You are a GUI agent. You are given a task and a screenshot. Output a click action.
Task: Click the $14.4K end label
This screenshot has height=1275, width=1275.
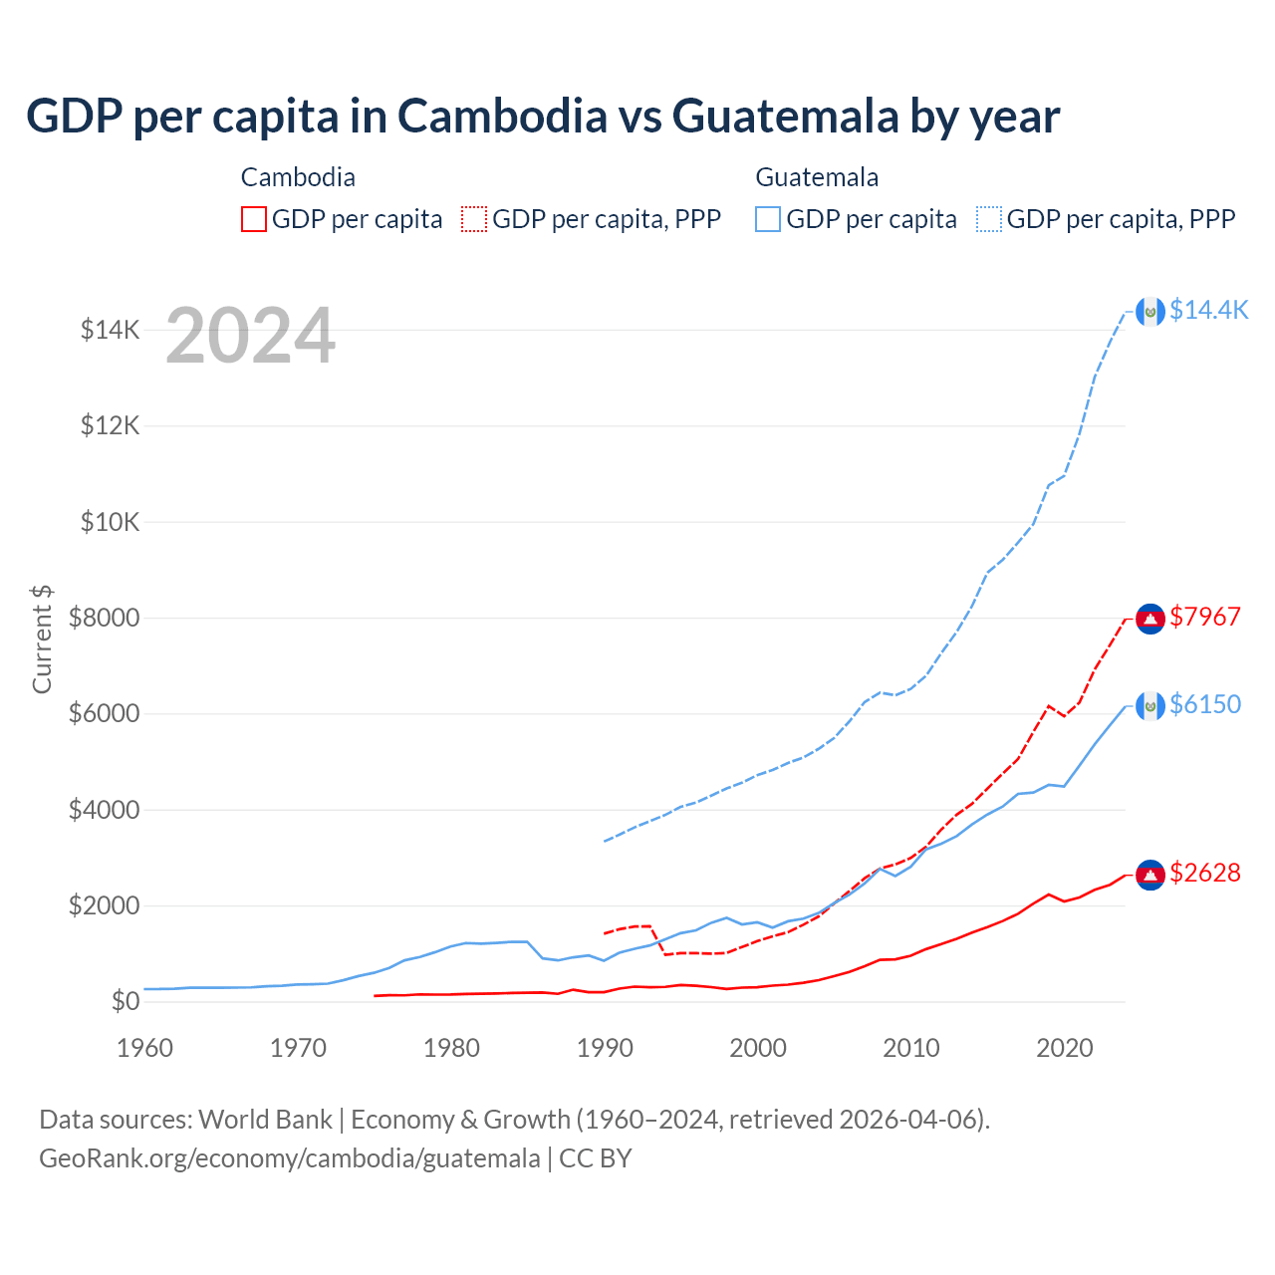(1208, 311)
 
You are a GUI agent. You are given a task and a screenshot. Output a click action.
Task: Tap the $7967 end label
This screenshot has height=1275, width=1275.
(1205, 618)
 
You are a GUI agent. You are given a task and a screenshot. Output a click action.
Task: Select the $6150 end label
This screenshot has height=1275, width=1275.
(1205, 705)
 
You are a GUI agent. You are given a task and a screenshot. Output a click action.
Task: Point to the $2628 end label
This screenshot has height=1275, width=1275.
(1205, 874)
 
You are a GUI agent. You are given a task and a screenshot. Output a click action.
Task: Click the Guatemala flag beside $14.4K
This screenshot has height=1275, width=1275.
(1150, 312)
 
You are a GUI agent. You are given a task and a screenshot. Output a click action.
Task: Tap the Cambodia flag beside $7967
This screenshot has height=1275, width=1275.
(1150, 619)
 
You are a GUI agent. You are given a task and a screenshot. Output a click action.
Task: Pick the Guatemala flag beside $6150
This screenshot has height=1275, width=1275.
(1150, 706)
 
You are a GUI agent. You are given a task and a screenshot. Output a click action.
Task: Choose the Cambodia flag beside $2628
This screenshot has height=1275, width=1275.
(1150, 875)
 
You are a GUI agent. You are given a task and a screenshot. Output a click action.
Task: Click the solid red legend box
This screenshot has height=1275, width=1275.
(254, 219)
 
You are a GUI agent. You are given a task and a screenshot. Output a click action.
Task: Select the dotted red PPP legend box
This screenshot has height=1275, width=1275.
(474, 219)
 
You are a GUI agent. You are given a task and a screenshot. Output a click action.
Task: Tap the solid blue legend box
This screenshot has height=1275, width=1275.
(768, 219)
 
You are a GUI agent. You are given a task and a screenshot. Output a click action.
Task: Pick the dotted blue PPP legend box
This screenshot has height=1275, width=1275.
(989, 219)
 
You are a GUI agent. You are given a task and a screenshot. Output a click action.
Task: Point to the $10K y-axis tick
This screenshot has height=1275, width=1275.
(111, 522)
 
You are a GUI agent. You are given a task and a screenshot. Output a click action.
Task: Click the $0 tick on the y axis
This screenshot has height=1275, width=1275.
(125, 1002)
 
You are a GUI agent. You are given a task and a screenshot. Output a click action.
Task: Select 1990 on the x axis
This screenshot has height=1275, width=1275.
(605, 1048)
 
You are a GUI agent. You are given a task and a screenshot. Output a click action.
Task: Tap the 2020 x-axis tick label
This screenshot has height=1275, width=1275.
(1065, 1048)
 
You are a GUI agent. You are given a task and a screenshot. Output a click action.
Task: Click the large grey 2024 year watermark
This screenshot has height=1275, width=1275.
(250, 336)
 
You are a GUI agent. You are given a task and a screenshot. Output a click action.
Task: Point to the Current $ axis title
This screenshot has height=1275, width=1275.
(42, 639)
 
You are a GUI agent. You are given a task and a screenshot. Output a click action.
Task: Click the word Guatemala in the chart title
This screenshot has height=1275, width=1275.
(786, 117)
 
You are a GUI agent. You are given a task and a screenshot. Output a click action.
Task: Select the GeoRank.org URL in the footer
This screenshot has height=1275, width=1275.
(290, 1158)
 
